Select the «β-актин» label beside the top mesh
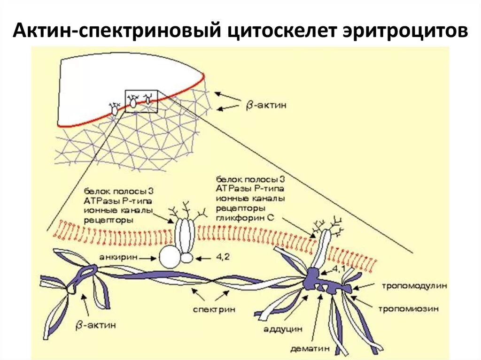tap(266, 105)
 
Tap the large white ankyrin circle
tap(170, 257)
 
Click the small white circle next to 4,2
tap(187, 258)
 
